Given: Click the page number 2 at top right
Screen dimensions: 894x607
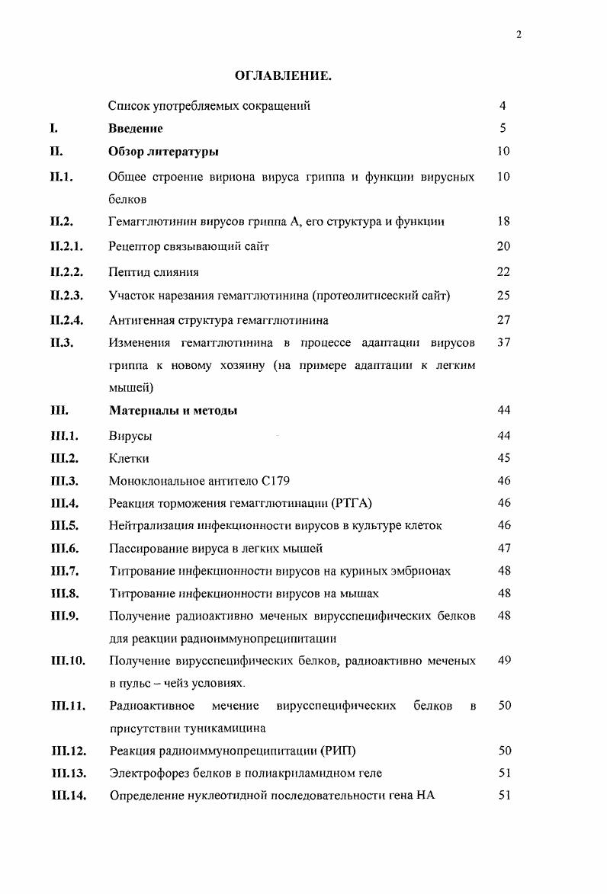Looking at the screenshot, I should [x=519, y=35].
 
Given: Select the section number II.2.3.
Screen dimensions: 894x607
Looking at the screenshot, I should [x=66, y=296].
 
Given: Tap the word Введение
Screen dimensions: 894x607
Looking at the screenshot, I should [x=136, y=129].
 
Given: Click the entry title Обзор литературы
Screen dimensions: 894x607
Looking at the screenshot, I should [x=164, y=152].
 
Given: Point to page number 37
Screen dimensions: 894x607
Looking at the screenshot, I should [x=503, y=343].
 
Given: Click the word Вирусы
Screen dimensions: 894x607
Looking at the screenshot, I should [x=130, y=436].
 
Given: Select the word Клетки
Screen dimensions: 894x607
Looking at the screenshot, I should [x=130, y=459].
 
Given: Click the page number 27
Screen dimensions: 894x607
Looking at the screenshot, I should [x=503, y=321].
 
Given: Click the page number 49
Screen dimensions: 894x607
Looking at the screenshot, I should [x=503, y=661].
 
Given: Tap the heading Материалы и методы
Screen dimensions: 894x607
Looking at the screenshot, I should [x=173, y=411].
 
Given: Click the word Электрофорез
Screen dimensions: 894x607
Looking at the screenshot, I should [x=147, y=774].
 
